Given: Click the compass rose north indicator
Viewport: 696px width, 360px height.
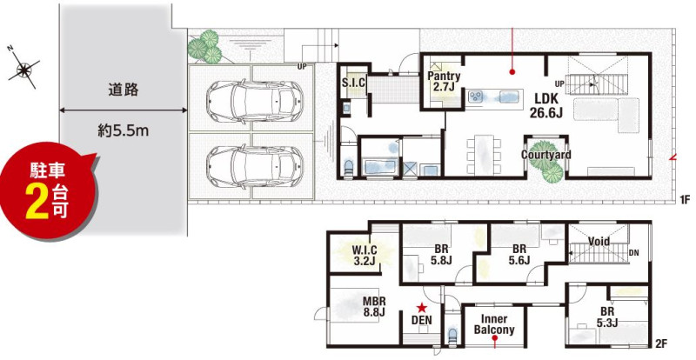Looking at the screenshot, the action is (x=23, y=68).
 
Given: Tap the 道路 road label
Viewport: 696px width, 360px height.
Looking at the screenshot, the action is (x=123, y=90).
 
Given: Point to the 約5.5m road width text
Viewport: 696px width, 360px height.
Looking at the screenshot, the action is (x=123, y=130).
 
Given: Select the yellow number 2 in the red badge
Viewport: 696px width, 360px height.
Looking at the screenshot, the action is (x=37, y=201).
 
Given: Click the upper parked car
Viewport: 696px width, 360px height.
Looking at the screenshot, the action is (x=255, y=101).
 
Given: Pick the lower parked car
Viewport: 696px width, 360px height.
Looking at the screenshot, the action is (x=255, y=166).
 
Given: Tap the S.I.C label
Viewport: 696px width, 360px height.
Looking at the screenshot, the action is (x=353, y=82).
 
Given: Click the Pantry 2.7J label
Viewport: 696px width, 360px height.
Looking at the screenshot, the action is (x=444, y=81).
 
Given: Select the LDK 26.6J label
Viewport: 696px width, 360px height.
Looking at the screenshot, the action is (x=546, y=104).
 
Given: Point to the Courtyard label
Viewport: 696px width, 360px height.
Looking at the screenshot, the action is (x=546, y=155).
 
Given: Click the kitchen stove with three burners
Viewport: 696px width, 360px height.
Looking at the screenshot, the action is (x=477, y=97).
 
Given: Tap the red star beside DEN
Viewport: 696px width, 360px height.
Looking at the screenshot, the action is (x=421, y=307).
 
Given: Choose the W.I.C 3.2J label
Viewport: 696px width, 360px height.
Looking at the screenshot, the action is (x=365, y=255).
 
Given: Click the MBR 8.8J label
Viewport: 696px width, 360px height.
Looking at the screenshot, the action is (x=374, y=306).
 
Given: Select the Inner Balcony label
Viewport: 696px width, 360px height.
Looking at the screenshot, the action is (x=494, y=324).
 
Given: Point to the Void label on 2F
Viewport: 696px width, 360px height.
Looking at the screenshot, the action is (x=599, y=242).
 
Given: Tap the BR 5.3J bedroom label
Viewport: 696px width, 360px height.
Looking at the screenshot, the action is (x=607, y=317).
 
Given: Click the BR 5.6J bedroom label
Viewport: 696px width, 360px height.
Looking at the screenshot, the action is (x=519, y=255).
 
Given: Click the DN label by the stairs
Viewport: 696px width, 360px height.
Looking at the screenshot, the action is (x=634, y=252).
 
